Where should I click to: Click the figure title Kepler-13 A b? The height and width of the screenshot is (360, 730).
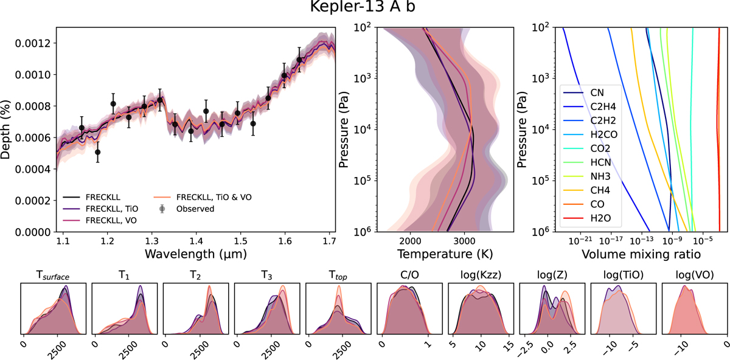coord(364,10)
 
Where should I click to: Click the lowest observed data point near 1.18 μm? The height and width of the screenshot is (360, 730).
coord(98,152)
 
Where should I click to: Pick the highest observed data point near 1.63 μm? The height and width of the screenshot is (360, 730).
coord(299,60)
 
